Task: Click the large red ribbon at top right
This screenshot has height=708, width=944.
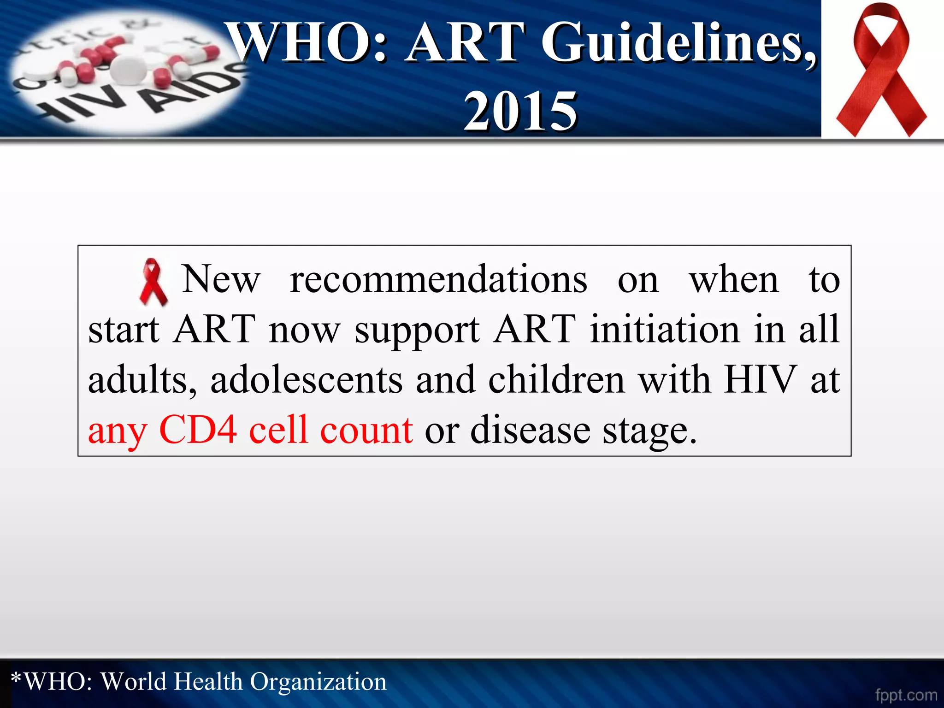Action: point(881,69)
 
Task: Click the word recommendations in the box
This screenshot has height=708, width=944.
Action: point(438,279)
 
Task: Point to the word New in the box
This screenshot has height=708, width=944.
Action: point(221,279)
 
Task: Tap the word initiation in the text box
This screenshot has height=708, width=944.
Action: point(665,329)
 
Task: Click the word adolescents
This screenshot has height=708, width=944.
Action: point(307,380)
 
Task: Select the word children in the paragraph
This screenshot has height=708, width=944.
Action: point(556,380)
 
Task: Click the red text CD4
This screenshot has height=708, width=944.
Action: point(198,430)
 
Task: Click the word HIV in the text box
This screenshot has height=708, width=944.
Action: point(760,380)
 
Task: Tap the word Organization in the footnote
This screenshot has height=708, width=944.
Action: point(318,682)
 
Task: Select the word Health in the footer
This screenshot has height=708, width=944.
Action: point(208,682)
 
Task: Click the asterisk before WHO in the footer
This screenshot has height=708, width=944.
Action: point(16,678)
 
